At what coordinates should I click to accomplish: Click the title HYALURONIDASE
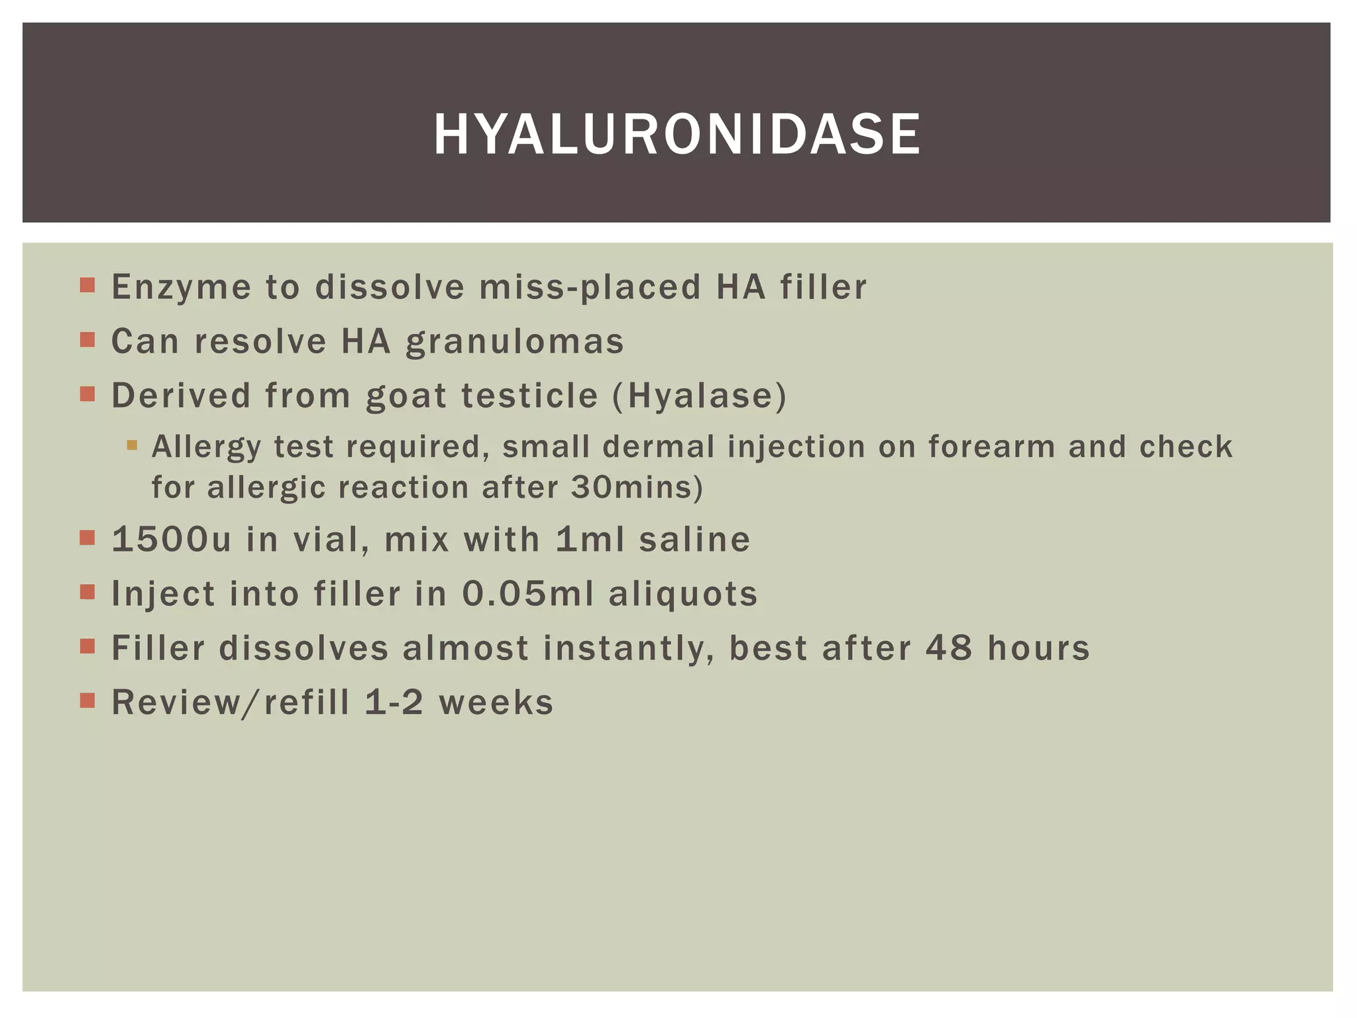tap(677, 135)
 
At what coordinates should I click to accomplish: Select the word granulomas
tap(515, 342)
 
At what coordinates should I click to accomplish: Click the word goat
tap(406, 396)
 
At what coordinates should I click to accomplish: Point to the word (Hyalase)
tap(700, 396)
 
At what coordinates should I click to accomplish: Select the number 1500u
tap(172, 539)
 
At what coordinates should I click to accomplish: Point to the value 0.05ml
tap(528, 594)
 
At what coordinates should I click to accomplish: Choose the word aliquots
tap(683, 594)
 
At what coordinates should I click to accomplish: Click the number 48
tap(949, 648)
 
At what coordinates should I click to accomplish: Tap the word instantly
tap(628, 648)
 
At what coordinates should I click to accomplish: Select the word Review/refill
tap(231, 703)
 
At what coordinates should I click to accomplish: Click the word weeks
tap(496, 703)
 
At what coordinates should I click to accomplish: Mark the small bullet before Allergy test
tap(132, 445)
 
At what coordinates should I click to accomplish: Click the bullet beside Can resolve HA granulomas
tap(87, 340)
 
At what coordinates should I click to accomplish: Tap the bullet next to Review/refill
tap(87, 701)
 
